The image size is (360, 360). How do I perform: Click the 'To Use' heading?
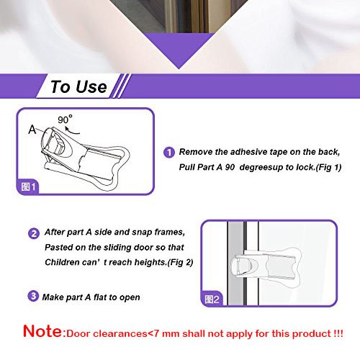pos(78,86)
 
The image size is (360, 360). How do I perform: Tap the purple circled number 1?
pos(169,153)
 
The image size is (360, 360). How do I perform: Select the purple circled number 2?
pos(34,233)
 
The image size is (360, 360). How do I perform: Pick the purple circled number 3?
pos(33,296)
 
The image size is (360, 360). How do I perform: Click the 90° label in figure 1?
pos(65,119)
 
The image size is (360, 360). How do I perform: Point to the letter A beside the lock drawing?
pos(32,130)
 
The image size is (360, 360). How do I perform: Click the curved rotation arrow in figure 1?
pos(72,130)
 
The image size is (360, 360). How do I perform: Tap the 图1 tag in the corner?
pos(28,186)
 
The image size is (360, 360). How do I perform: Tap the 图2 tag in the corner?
pos(212,300)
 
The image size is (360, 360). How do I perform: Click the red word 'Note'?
pos(42,331)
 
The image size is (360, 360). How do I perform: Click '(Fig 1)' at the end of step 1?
pos(328,167)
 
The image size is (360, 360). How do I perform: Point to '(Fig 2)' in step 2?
pos(180,262)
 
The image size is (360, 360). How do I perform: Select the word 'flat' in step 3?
pos(100,297)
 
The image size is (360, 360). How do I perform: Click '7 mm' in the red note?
pos(166,334)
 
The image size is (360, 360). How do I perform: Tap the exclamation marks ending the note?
pos(338,333)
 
